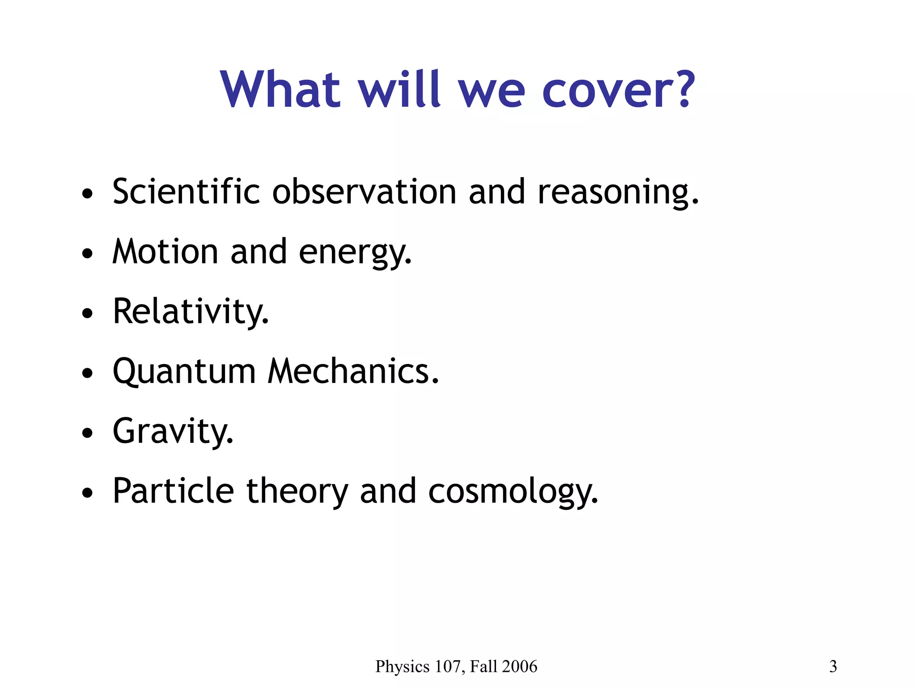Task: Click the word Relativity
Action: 191,311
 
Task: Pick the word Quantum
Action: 184,372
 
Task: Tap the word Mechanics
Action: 353,371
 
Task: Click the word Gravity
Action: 173,431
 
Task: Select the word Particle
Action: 173,491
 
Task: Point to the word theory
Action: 297,492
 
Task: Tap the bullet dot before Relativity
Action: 88,314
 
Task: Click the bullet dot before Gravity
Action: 88,433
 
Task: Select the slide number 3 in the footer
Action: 833,666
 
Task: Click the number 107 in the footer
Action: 447,666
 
